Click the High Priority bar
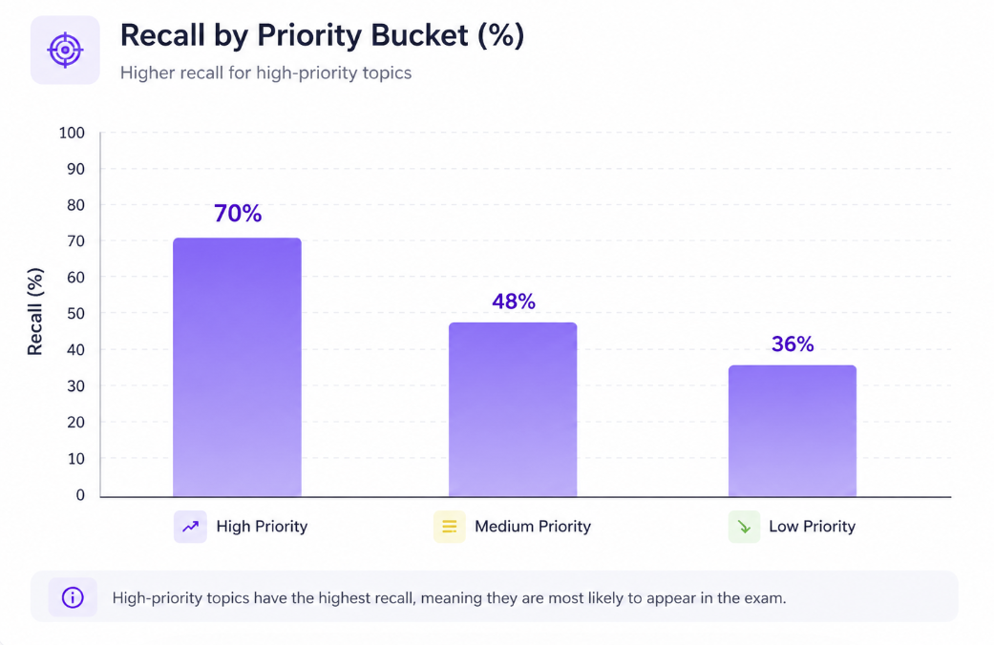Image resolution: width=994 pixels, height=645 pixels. click(x=237, y=367)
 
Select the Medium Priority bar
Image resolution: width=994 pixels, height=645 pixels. click(x=513, y=409)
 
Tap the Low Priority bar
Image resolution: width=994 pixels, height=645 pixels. click(x=792, y=430)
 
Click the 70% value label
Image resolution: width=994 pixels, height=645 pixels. click(x=238, y=213)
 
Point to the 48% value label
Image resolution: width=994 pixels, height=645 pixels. click(x=514, y=302)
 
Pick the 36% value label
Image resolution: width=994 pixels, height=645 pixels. click(x=793, y=344)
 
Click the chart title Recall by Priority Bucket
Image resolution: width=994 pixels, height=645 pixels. click(x=322, y=36)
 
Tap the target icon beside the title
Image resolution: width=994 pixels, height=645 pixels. click(x=65, y=50)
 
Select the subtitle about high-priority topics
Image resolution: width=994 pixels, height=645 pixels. click(x=265, y=73)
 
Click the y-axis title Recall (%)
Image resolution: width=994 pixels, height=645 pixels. click(x=35, y=313)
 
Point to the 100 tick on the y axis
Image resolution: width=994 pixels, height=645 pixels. click(x=72, y=133)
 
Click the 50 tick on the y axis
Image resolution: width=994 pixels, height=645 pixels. click(x=75, y=314)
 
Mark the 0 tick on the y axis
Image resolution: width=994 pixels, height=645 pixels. click(x=80, y=495)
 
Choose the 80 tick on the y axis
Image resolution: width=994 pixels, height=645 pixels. click(x=75, y=205)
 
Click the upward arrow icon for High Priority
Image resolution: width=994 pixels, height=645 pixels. click(x=190, y=526)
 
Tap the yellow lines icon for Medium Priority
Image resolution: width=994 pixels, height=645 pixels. click(x=449, y=526)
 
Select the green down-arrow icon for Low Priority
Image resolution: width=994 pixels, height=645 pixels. click(x=744, y=526)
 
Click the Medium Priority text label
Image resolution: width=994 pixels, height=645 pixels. click(x=532, y=526)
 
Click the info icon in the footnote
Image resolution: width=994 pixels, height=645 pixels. click(x=73, y=598)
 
